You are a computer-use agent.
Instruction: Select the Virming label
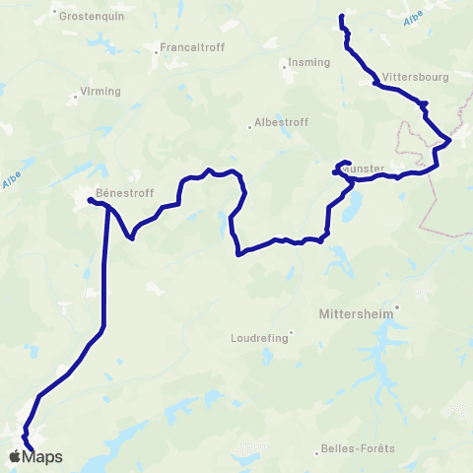pos(100,92)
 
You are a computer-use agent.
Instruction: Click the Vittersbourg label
pos(414,76)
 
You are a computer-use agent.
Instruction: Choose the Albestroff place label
pos(282,123)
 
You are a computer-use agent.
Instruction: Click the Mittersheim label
pos(361,317)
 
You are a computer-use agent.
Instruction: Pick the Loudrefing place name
pos(260,337)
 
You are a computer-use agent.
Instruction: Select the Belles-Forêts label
pos(358,449)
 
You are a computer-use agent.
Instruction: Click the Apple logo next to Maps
pos(14,457)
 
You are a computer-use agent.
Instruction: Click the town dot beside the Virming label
pos(76,97)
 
